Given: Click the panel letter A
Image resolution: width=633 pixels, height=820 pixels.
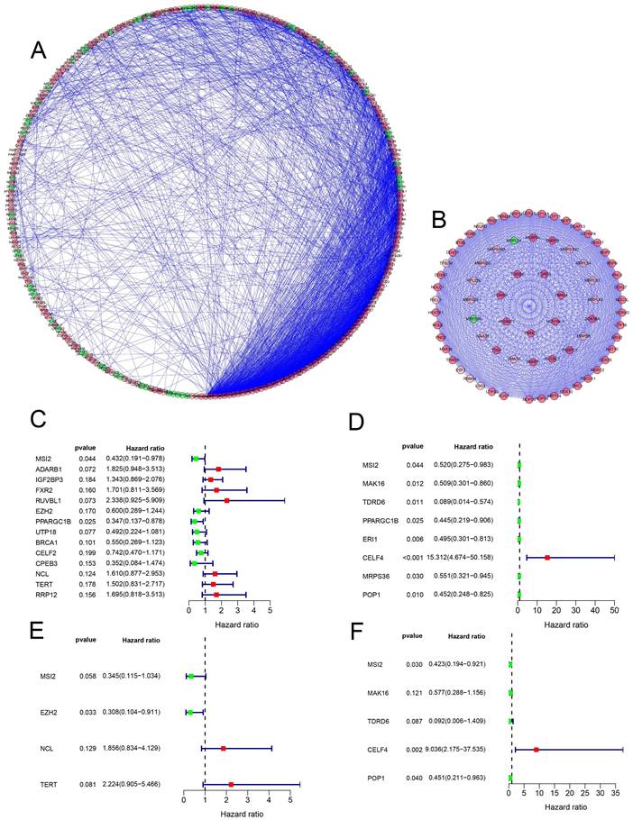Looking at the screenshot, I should (x=38, y=50).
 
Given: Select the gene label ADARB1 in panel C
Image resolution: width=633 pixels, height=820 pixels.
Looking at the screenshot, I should (x=49, y=469).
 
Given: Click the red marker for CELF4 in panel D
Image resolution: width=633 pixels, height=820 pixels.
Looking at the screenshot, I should (x=547, y=558).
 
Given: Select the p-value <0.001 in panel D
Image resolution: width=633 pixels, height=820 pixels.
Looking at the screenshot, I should (x=412, y=558).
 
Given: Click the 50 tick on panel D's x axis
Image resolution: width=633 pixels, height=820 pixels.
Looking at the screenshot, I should (x=614, y=610).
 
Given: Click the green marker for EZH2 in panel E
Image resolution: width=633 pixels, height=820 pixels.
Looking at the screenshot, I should (x=189, y=712).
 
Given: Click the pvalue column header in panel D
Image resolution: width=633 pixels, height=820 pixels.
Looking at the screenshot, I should (x=413, y=446).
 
